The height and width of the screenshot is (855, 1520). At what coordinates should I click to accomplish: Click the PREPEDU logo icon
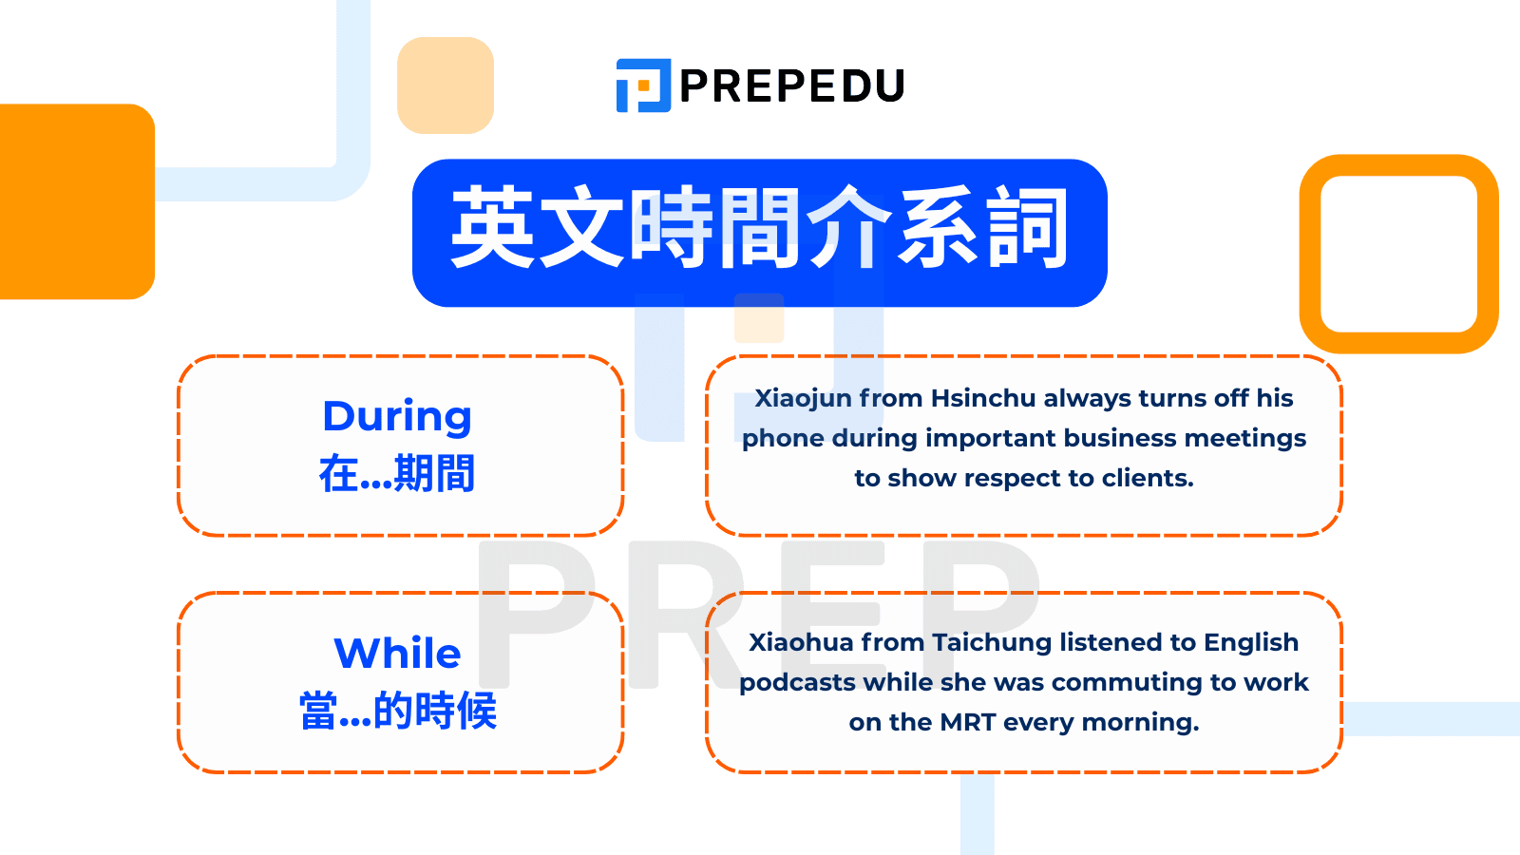(x=643, y=85)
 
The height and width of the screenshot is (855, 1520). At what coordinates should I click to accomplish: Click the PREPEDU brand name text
(x=792, y=86)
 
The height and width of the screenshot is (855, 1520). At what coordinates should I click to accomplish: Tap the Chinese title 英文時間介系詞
(x=759, y=231)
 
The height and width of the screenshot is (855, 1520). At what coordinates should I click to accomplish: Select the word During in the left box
(x=397, y=417)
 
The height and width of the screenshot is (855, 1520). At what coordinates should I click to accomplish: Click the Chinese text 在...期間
(x=397, y=473)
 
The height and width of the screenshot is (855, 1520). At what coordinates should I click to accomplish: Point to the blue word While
(x=397, y=654)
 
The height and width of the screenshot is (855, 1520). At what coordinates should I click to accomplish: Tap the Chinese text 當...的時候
(x=397, y=711)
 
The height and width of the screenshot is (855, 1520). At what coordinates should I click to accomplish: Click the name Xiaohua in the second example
(x=801, y=643)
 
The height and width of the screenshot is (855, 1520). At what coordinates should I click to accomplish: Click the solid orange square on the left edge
(x=76, y=201)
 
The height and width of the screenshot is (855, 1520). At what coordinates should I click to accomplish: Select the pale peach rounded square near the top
(x=446, y=85)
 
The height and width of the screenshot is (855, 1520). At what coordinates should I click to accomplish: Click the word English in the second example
(x=1250, y=643)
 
